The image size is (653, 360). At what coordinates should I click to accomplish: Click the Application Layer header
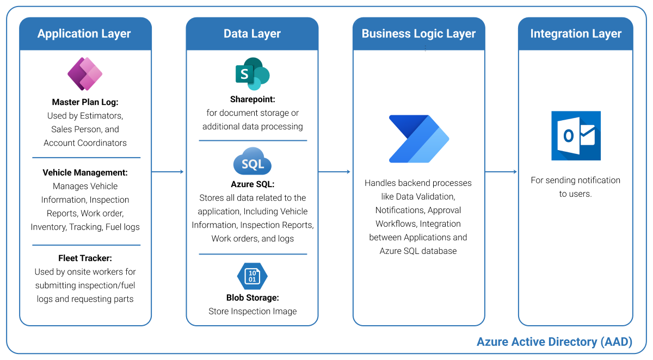click(84, 34)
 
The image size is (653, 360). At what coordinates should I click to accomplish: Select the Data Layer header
click(252, 34)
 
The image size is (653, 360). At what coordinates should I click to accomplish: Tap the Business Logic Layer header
click(418, 34)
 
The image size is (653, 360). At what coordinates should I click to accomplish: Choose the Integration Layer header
click(576, 34)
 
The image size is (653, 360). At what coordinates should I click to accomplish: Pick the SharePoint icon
click(252, 73)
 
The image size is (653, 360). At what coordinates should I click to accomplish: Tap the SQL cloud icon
click(252, 162)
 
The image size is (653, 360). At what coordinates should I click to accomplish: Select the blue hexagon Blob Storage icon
click(252, 276)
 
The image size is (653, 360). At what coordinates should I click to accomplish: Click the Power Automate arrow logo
click(418, 139)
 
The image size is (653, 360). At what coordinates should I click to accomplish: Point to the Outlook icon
click(576, 135)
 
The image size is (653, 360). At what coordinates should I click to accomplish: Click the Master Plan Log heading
click(85, 102)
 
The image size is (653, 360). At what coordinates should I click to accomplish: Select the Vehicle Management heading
click(85, 173)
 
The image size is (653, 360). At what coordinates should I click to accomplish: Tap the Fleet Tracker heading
click(85, 258)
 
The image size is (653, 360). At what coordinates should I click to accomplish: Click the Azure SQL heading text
click(252, 184)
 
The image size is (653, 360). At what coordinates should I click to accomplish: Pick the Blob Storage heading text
click(252, 298)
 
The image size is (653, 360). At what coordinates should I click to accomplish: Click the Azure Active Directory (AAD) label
click(555, 342)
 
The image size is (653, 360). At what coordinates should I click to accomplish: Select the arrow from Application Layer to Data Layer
click(168, 172)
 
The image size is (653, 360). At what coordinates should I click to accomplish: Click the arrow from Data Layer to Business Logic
click(335, 172)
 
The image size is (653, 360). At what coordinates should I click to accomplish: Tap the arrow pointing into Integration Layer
click(501, 172)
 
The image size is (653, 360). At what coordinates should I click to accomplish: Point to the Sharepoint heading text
click(252, 100)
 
